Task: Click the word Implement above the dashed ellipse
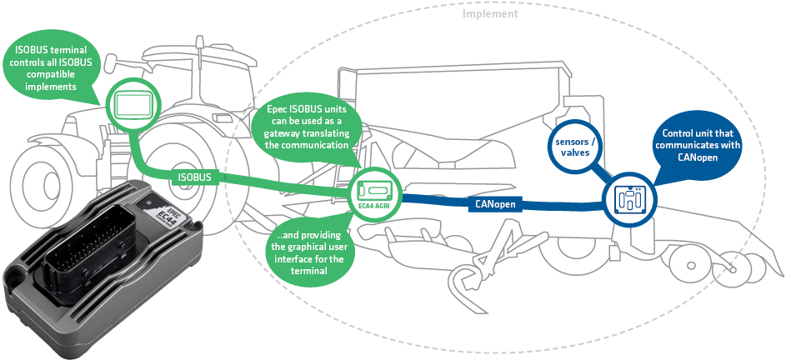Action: tap(490, 13)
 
